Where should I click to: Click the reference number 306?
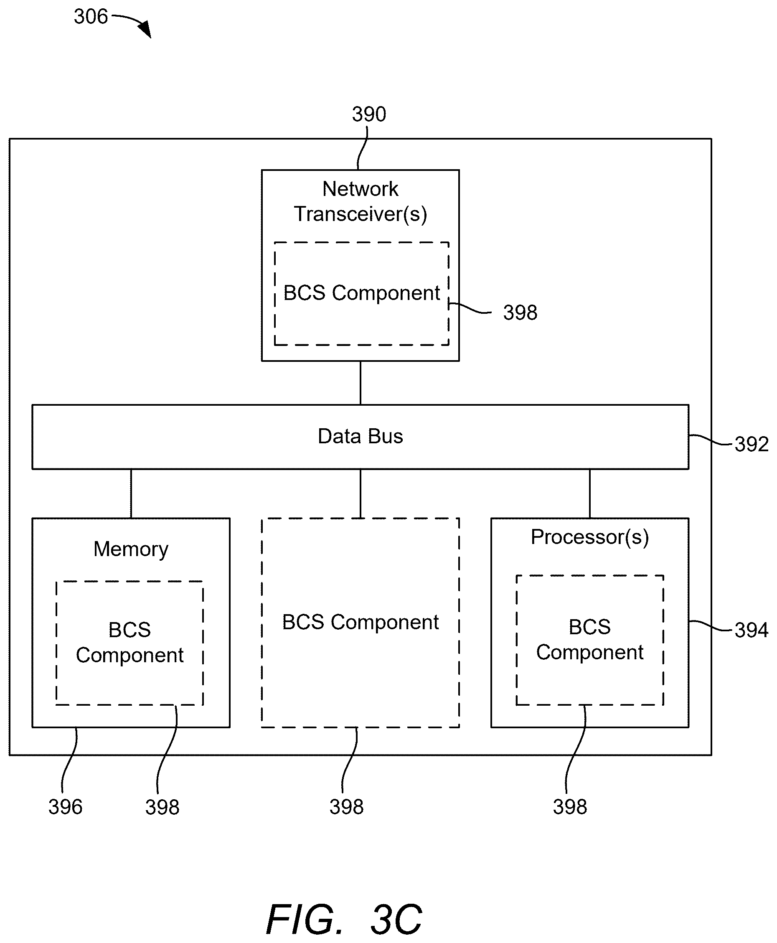pyautogui.click(x=91, y=17)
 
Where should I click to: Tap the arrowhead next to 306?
pyautogui.click(x=145, y=29)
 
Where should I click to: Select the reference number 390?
pyautogui.click(x=369, y=114)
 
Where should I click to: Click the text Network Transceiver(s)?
pyautogui.click(x=360, y=201)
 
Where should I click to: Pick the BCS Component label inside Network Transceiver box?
pyautogui.click(x=362, y=293)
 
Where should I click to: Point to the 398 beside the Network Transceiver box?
pyautogui.click(x=520, y=313)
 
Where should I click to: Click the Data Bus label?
pyautogui.click(x=360, y=436)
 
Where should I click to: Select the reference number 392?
pyautogui.click(x=752, y=444)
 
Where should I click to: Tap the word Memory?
pyautogui.click(x=131, y=549)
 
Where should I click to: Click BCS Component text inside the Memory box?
pyautogui.click(x=130, y=642)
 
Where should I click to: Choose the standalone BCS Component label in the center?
pyautogui.click(x=360, y=622)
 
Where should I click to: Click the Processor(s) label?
pyautogui.click(x=590, y=537)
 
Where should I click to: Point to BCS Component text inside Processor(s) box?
pyautogui.click(x=590, y=640)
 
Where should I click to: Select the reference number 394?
pyautogui.click(x=752, y=630)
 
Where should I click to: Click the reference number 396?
pyautogui.click(x=65, y=807)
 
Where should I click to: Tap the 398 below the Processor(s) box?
pyautogui.click(x=570, y=806)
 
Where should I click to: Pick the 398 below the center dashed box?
pyautogui.click(x=346, y=806)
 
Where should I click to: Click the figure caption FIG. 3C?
pyautogui.click(x=344, y=919)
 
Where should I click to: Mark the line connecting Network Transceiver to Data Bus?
pyautogui.click(x=360, y=383)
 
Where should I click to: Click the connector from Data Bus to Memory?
pyautogui.click(x=131, y=494)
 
